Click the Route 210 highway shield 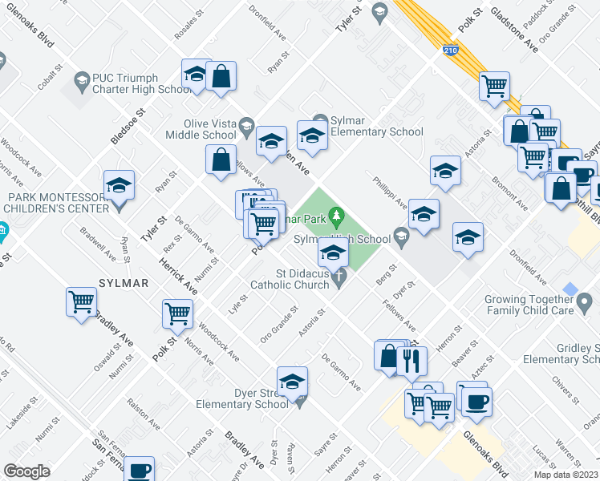[450, 51]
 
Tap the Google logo [26, 471]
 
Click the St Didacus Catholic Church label [291, 279]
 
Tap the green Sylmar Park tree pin [338, 215]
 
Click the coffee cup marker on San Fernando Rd [139, 470]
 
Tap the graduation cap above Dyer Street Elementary [293, 380]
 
